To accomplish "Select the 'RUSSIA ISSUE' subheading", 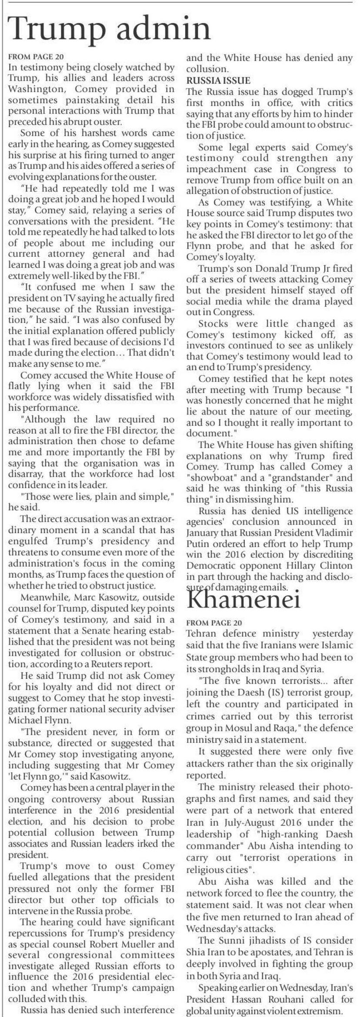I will [218, 80].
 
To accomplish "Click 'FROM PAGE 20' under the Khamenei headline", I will [214, 622].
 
